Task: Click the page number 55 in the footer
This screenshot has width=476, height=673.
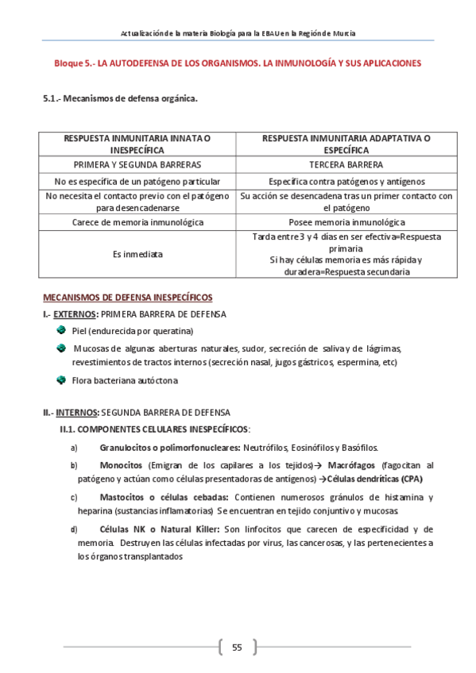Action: [x=237, y=647]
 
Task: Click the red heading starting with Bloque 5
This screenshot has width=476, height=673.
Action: [x=238, y=63]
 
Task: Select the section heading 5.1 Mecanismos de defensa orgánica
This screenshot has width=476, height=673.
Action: [x=119, y=99]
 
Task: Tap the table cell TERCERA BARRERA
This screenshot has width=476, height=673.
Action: [x=346, y=164]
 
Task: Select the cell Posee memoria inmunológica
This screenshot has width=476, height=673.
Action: [x=346, y=222]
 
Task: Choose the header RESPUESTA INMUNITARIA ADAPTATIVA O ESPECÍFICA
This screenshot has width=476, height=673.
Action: [x=346, y=144]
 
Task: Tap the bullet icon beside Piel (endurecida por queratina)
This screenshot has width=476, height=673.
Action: [x=61, y=330]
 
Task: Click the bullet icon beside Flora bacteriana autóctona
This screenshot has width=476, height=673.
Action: [x=61, y=379]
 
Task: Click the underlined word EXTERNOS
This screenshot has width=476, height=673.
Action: [x=75, y=314]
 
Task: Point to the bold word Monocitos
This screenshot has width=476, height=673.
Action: [x=121, y=464]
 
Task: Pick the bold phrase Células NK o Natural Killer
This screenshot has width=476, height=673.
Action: [x=160, y=529]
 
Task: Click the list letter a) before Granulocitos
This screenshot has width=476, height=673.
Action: [x=74, y=448]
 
